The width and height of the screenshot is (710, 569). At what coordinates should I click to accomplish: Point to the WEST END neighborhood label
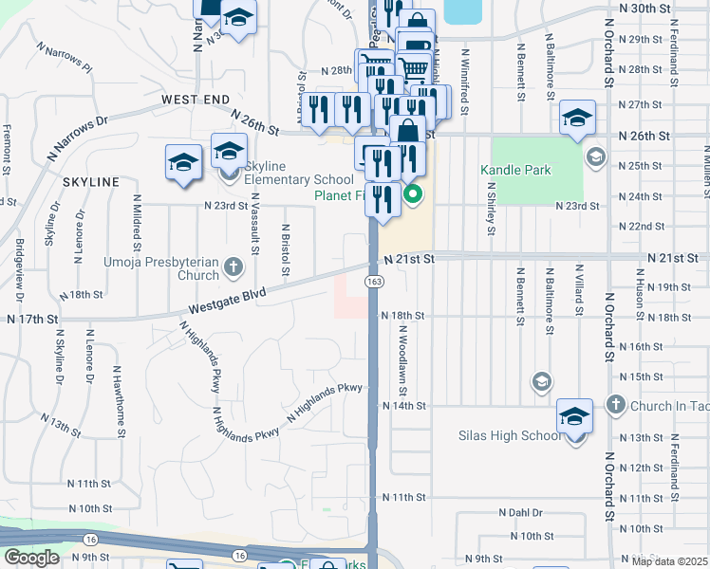click(196, 99)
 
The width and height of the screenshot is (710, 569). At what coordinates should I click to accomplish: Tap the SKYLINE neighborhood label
click(91, 181)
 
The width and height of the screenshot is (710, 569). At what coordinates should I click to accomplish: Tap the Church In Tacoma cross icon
click(615, 405)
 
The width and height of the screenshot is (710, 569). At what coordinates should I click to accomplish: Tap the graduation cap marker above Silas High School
click(575, 414)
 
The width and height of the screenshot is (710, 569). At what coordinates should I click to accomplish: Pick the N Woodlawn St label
click(403, 361)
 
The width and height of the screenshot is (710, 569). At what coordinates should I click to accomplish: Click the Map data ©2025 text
click(669, 561)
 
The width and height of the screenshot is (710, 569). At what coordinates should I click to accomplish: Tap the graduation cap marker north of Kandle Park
click(577, 117)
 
